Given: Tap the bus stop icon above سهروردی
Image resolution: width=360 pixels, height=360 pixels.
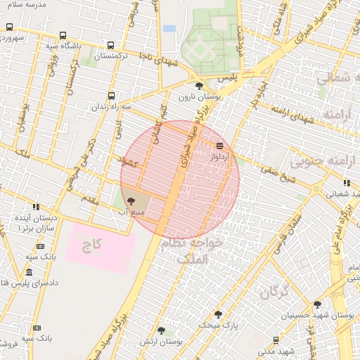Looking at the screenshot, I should [9, 27].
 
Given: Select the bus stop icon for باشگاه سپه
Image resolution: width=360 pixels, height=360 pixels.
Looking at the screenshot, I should [63, 35].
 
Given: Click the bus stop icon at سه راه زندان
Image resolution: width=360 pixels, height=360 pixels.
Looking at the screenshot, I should [111, 97].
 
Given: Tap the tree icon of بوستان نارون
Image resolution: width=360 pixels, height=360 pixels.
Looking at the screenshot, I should [199, 86].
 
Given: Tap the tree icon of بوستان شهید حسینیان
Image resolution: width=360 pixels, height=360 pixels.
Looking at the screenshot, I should [317, 304].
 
